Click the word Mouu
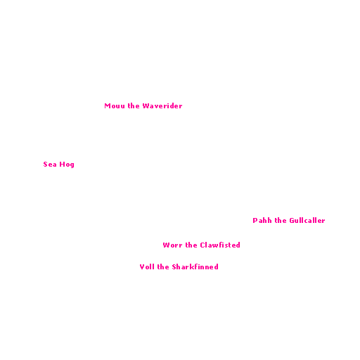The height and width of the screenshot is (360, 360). click(115, 106)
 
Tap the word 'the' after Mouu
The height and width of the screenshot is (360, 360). click(134, 105)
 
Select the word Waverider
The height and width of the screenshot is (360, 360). click(162, 105)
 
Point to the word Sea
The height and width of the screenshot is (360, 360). click(50, 165)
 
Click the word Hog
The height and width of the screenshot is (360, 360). click(67, 165)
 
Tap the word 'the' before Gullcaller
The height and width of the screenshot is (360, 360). click(281, 220)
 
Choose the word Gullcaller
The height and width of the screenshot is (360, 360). click(307, 220)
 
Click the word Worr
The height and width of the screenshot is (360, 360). click(172, 245)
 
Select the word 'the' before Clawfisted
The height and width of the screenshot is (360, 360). click(191, 245)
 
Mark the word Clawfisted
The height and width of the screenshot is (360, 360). click(220, 245)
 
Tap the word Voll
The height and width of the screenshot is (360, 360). click(147, 266)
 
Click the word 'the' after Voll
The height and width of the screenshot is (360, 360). click(163, 266)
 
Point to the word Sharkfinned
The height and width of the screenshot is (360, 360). click(195, 266)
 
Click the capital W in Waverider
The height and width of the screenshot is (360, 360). click(146, 106)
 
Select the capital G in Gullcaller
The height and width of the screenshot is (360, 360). click(292, 221)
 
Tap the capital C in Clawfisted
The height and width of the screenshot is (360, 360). click(202, 245)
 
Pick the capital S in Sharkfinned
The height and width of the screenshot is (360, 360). click(174, 267)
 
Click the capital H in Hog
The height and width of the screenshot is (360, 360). click(62, 165)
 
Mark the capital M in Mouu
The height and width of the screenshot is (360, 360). click(108, 106)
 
